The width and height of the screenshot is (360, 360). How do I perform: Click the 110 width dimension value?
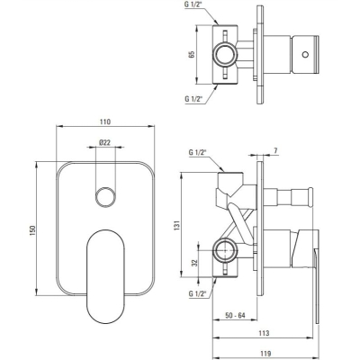point(105,121)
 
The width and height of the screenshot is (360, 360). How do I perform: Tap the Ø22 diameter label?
point(104,142)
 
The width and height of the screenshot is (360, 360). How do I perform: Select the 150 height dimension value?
point(32,230)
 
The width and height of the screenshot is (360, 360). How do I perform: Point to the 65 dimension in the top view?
point(193,54)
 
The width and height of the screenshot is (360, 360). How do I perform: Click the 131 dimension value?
point(176,225)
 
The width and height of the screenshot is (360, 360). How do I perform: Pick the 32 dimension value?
point(194,263)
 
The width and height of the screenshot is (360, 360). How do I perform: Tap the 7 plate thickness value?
point(275,151)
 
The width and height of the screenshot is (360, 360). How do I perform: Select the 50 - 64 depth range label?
point(235,316)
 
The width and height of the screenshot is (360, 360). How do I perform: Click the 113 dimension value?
point(264,333)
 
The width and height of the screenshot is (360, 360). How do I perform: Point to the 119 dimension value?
point(265,354)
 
